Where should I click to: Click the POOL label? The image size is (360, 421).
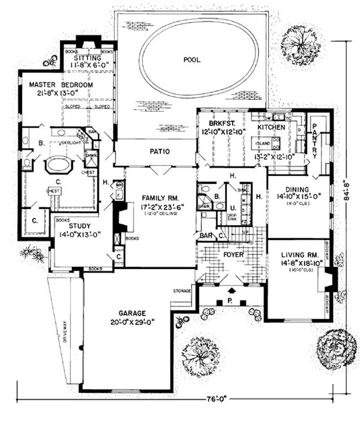tap(192, 59)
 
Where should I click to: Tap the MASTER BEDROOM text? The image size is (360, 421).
tap(61, 85)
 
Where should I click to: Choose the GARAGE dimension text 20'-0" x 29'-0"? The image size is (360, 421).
tap(132, 322)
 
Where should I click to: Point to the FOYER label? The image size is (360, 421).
tap(233, 255)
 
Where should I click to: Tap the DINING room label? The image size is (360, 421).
tap(292, 190)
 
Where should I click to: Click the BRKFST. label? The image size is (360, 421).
tap(220, 124)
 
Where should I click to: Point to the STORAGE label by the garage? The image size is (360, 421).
tap(182, 291)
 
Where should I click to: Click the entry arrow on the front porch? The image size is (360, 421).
tap(232, 290)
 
